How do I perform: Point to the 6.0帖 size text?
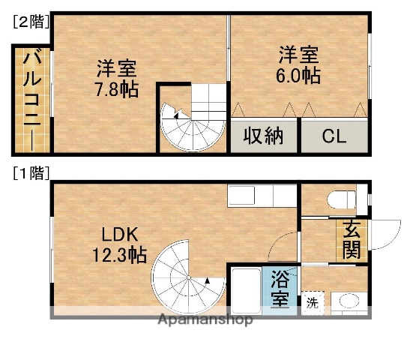tap(299, 76)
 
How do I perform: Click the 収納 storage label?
tap(262, 136)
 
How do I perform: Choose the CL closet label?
tap(334, 137)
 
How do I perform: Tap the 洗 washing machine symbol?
tap(312, 303)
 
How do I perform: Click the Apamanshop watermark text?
tap(205, 319)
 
